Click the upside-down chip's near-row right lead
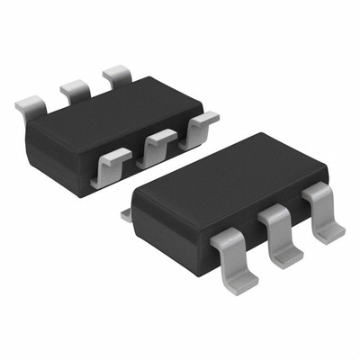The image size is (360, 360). tap(202, 123)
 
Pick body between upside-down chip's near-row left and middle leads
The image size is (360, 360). tap(135, 162)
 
